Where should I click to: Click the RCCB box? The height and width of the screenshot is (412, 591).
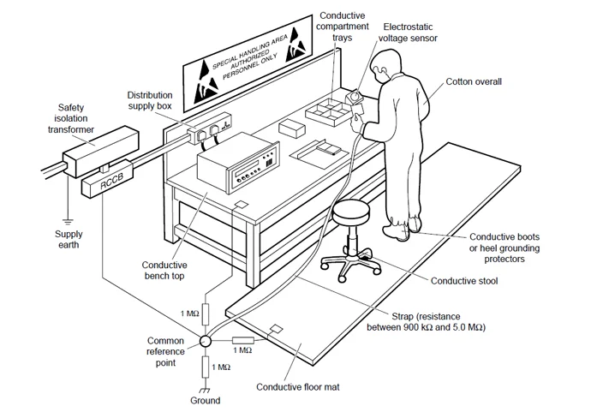(x=108, y=179)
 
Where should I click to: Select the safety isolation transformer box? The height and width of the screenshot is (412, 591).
(x=100, y=152)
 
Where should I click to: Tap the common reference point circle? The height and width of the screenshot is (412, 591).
(x=206, y=341)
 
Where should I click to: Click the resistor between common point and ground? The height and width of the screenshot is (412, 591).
(x=206, y=367)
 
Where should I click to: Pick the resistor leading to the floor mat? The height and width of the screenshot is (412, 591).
(x=243, y=341)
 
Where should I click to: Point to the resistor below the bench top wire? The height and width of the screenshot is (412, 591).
(x=206, y=314)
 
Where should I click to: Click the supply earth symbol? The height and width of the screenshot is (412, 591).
(x=68, y=222)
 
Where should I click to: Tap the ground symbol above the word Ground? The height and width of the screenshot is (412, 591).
(x=205, y=391)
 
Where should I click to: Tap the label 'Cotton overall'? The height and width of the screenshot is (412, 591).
(x=474, y=81)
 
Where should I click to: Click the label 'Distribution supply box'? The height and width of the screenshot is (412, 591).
(x=150, y=100)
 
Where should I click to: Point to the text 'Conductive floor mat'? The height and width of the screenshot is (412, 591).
(x=298, y=387)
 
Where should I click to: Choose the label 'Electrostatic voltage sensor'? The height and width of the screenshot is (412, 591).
(x=408, y=33)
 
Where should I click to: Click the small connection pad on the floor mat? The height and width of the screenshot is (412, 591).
(x=277, y=329)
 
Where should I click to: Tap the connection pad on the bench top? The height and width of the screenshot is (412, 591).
(x=241, y=205)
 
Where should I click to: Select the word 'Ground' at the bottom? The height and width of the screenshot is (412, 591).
(x=205, y=400)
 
